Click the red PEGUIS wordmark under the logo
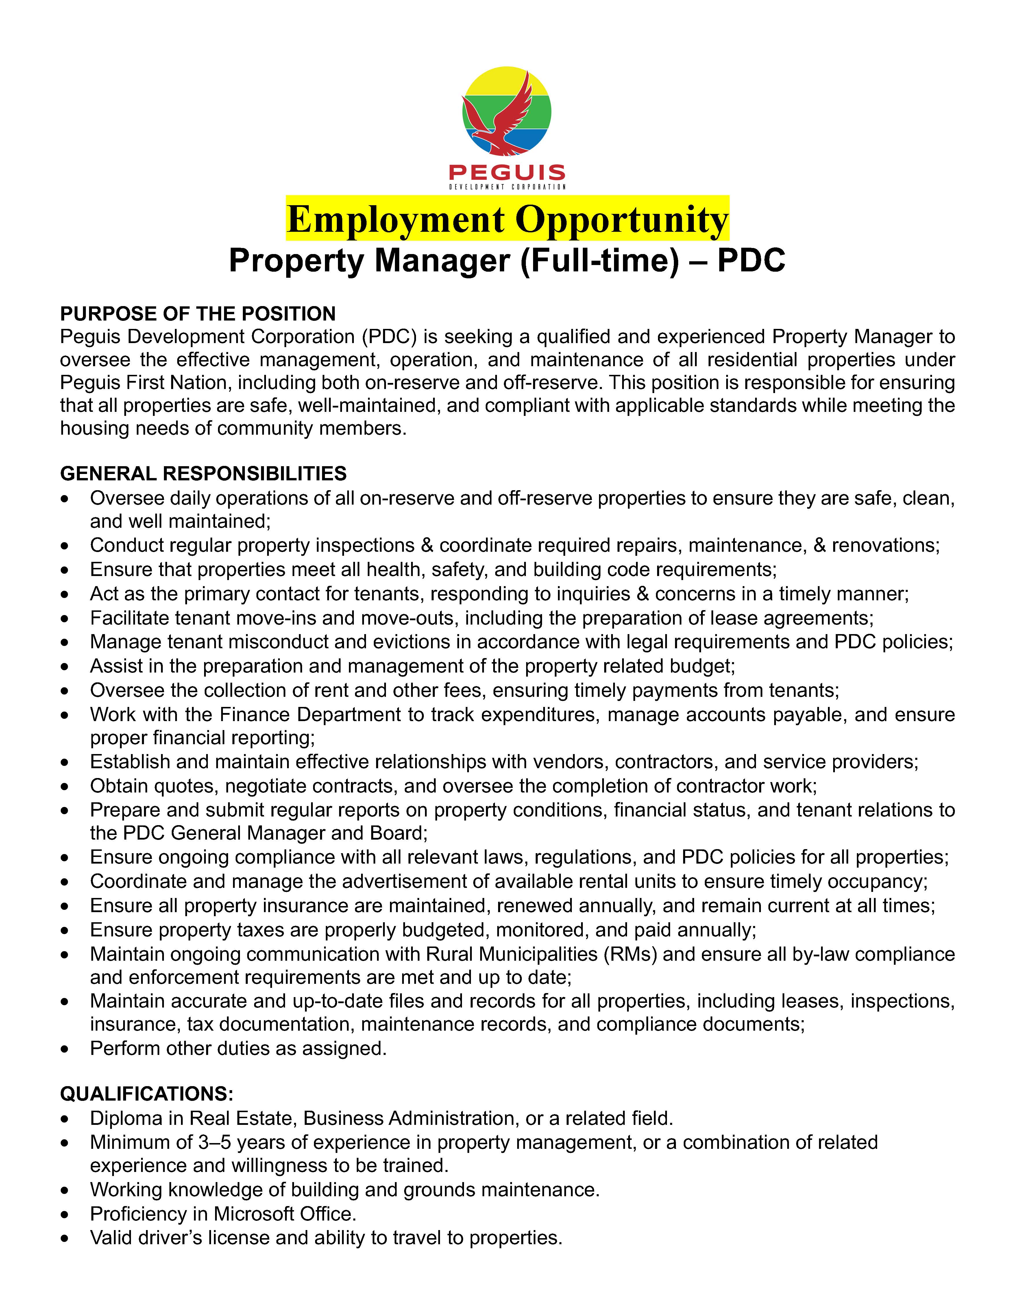507,173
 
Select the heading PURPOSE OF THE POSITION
198,314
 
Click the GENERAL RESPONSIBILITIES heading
203,474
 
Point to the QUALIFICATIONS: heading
147,1094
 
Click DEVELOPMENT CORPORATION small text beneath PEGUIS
507,187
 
